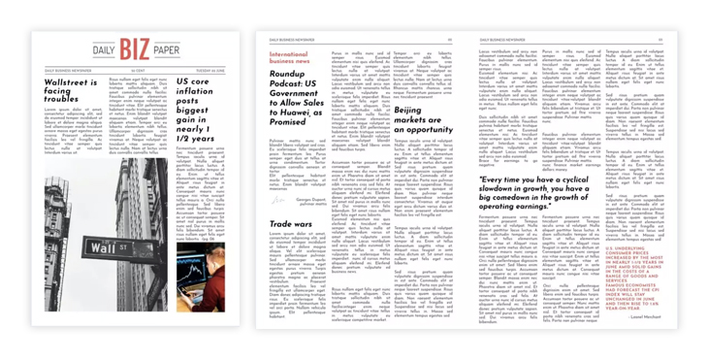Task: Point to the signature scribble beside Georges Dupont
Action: coord(280,202)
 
